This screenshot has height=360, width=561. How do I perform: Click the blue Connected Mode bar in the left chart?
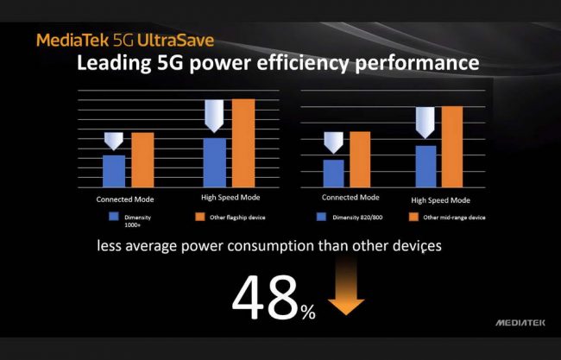pyautogui.click(x=114, y=172)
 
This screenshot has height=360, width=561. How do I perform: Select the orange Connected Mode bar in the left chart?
pyautogui.click(x=142, y=161)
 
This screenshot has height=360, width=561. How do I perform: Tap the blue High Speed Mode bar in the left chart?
pyautogui.click(x=214, y=163)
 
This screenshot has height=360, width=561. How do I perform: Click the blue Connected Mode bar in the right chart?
pyautogui.click(x=334, y=174)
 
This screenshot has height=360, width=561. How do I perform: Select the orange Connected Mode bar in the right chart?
pyautogui.click(x=359, y=160)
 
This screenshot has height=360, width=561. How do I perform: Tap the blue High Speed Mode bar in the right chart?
pyautogui.click(x=425, y=167)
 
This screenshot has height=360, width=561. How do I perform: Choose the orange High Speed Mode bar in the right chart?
pyautogui.click(x=452, y=147)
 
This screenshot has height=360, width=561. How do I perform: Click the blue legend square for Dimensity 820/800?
pyautogui.click(x=324, y=217)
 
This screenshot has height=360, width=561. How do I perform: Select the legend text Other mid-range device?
pyautogui.click(x=452, y=217)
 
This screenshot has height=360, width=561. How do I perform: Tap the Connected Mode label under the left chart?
pyautogui.click(x=125, y=199)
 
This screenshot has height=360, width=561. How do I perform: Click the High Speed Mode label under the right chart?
pyautogui.click(x=440, y=199)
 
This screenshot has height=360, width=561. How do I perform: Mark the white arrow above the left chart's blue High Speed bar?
pyautogui.click(x=214, y=116)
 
